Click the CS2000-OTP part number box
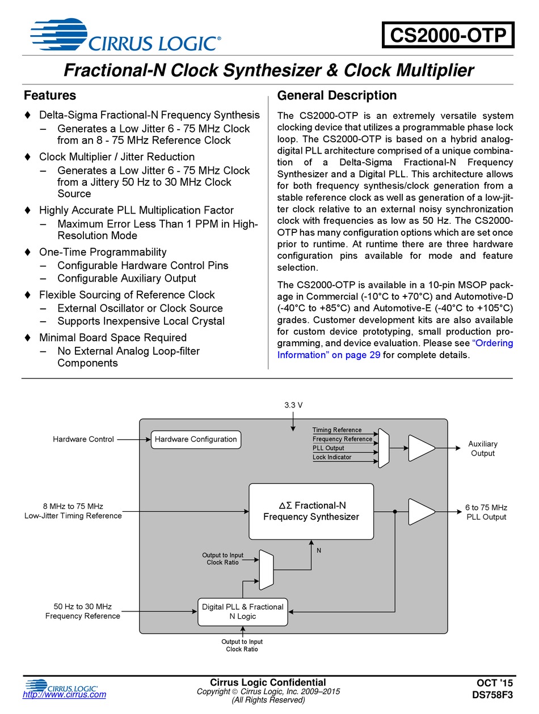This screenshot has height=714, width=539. point(448,35)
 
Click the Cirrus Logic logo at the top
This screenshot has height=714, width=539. point(125,35)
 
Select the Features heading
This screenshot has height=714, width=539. point(50,95)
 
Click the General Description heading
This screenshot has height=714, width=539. point(337,95)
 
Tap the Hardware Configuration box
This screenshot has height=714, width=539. point(196,440)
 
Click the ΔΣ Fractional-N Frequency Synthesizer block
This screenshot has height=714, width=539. point(311,511)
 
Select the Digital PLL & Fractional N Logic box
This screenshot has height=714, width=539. point(243,611)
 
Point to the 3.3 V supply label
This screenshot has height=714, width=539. point(293,405)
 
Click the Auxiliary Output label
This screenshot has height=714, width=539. point(483,448)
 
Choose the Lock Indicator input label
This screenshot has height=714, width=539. point(332,457)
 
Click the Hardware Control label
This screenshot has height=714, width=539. point(83,439)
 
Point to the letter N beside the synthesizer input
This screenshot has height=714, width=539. point(319,550)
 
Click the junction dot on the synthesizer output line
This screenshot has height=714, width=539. point(395,511)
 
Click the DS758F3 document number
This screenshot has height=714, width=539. point(492,695)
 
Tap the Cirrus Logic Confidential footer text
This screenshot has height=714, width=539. point(268,682)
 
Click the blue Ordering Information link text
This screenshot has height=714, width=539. point(395,348)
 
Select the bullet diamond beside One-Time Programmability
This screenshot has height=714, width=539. point(28,252)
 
